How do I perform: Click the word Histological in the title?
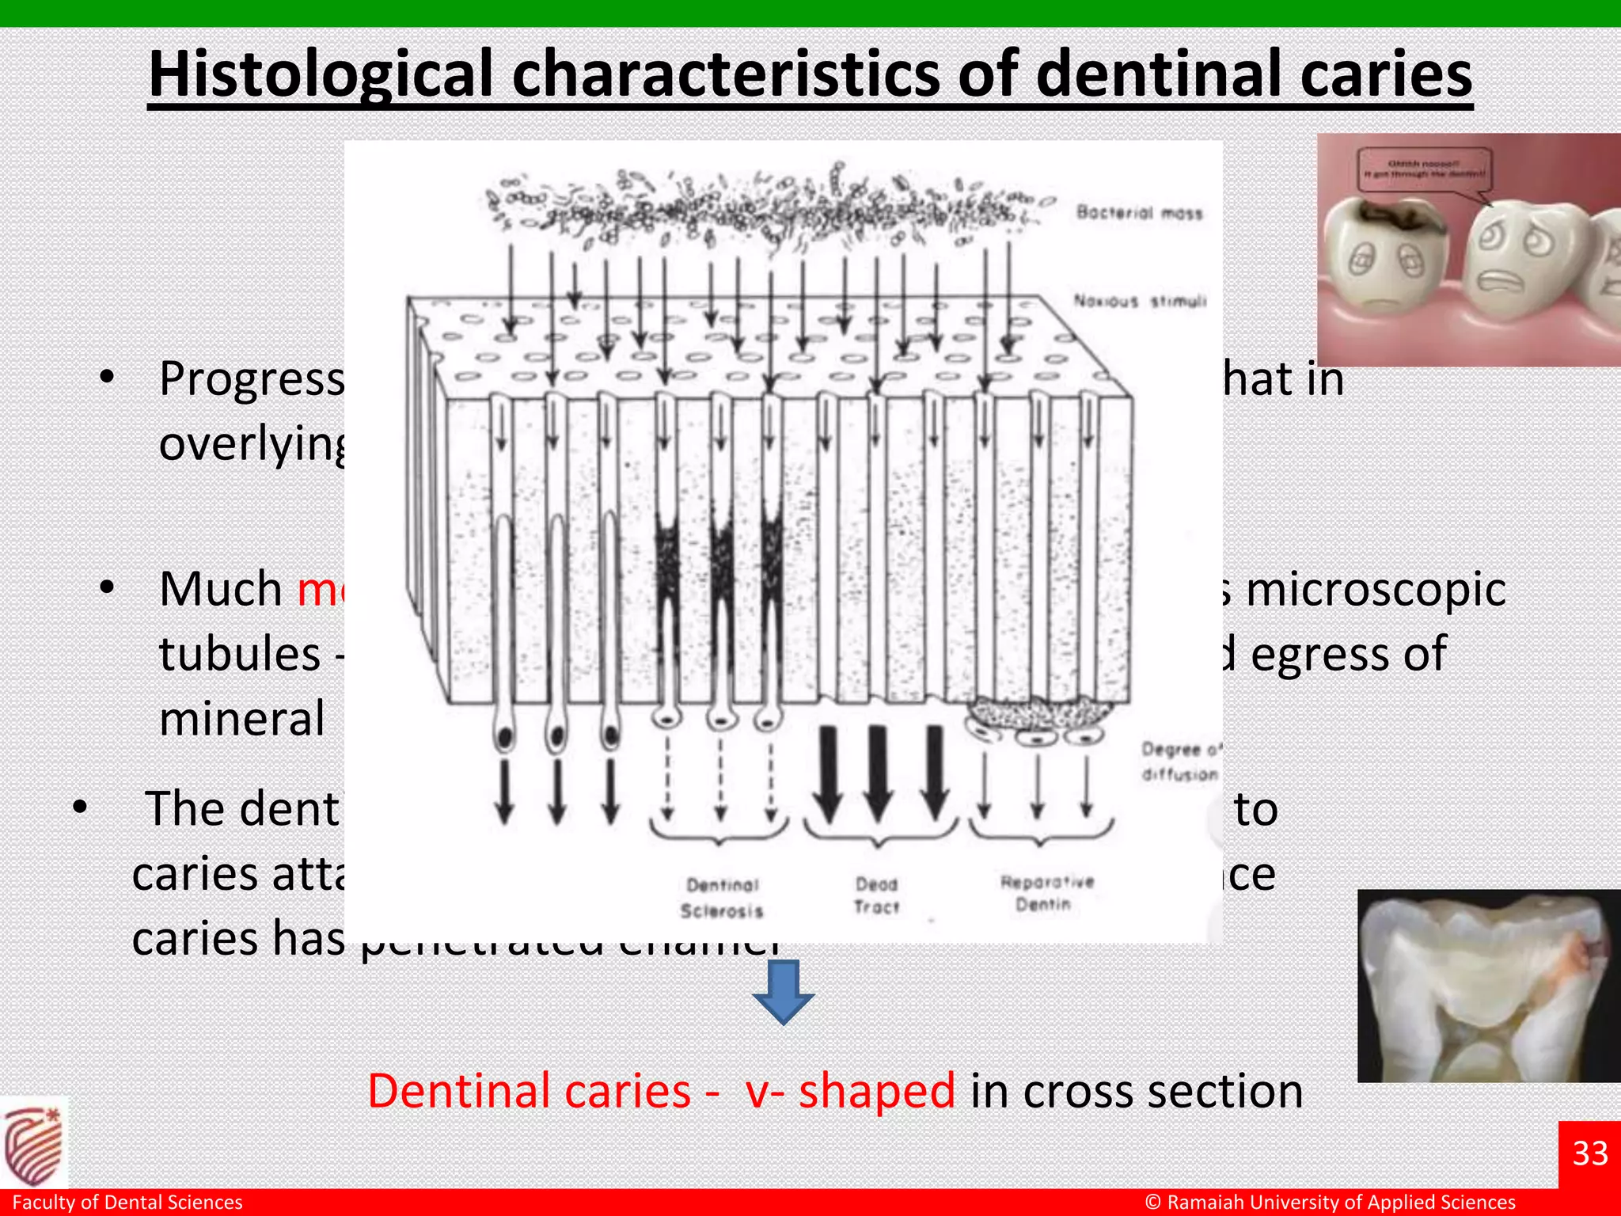pos(323,74)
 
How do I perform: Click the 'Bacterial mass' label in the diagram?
pos(1139,212)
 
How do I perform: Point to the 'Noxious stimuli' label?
pos(1139,301)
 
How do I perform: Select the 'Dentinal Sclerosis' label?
pos(722,898)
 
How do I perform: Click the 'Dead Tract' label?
pos(876,895)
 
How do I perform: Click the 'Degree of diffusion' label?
pos(1180,762)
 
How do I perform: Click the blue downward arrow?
pos(783,993)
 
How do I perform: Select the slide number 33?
pos(1589,1153)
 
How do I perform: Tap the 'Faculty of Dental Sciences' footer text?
pos(127,1203)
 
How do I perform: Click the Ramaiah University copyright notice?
pos(1330,1203)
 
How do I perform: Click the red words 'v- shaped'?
pos(850,1091)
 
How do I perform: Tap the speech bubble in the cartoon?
pos(1422,169)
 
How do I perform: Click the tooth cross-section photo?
pos(1488,986)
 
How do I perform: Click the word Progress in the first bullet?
pos(252,379)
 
